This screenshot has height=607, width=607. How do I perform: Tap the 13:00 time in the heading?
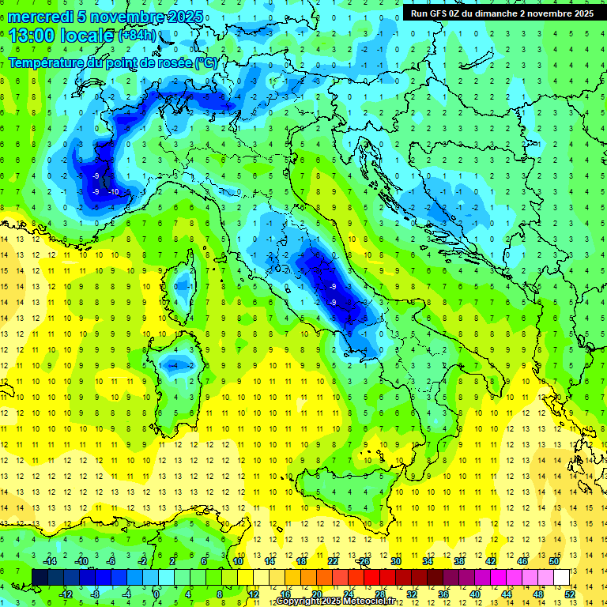coord(32,35)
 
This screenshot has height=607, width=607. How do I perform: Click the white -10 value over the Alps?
coord(114,192)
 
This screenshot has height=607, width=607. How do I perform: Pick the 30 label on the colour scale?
coord(395,561)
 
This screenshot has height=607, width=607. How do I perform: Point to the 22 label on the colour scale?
coord(333,561)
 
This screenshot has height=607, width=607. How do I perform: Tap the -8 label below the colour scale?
coord(96,594)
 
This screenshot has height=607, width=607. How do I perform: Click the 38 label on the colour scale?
coord(458,561)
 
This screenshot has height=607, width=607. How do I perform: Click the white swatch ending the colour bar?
coord(561,577)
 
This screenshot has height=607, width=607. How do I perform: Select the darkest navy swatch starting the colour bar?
coord(40,577)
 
